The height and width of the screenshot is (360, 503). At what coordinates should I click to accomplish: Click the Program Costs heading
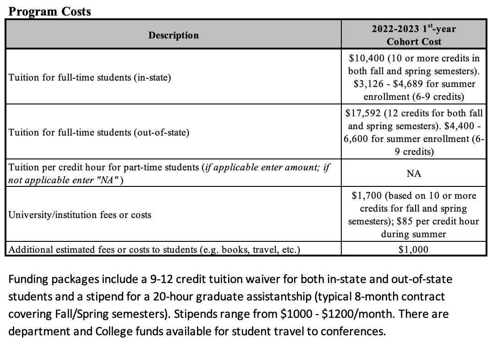tap(50, 11)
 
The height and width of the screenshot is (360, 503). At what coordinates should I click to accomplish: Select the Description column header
tap(174, 35)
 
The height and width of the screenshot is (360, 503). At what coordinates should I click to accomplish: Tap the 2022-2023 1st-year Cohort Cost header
tap(414, 35)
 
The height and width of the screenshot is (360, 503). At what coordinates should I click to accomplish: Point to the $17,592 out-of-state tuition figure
tap(364, 113)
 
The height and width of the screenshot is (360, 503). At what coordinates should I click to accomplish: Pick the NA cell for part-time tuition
tap(414, 174)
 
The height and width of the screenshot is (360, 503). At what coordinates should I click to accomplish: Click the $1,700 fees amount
tap(366, 196)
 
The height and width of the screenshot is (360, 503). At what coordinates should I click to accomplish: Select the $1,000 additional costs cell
tap(414, 250)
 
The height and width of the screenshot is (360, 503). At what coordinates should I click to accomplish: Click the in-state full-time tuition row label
tap(90, 77)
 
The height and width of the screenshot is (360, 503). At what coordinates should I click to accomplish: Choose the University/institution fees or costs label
tap(80, 215)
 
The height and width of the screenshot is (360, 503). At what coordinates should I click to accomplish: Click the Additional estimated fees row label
tap(154, 250)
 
